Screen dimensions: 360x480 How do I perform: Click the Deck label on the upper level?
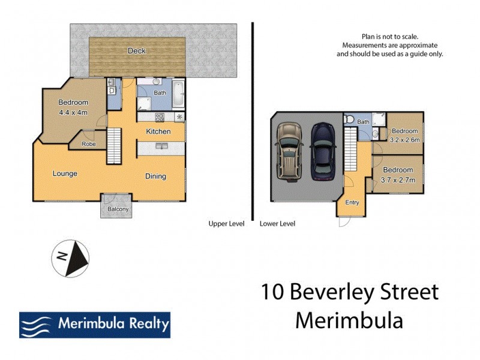tap(137, 51)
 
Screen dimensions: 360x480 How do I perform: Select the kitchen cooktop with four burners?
tap(160, 117)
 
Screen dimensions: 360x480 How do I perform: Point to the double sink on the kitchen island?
tap(160, 146)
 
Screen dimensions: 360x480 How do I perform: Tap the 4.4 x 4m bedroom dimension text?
tap(73, 112)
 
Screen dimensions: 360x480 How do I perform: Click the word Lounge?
tap(65, 174)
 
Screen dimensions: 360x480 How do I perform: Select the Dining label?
tap(155, 176)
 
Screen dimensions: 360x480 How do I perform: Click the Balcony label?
tap(118, 209)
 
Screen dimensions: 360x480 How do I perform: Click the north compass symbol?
tap(70, 259)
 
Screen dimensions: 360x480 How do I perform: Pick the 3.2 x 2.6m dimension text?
tap(404, 140)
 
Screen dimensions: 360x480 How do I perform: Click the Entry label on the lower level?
tap(352, 202)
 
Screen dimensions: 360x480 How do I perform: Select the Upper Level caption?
tap(226, 224)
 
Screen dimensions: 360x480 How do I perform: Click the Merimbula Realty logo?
tap(95, 325)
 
